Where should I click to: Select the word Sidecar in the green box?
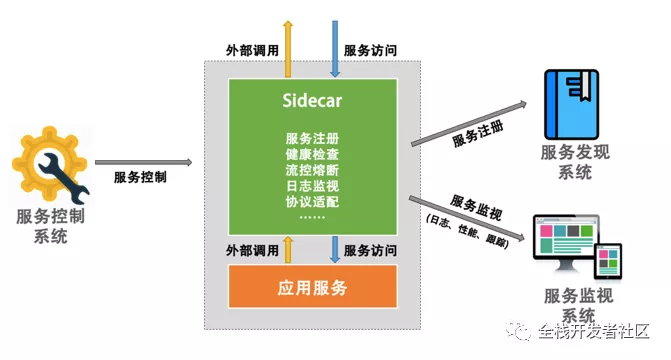310,100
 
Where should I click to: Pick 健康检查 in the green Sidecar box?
311,154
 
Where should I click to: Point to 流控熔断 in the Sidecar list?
311,170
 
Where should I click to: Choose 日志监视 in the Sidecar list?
311,186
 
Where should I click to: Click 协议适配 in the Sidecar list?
311,202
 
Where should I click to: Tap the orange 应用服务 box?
311,288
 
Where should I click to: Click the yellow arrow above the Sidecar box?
288,48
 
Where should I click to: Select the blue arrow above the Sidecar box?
335,48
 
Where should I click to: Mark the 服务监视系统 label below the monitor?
567,302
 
